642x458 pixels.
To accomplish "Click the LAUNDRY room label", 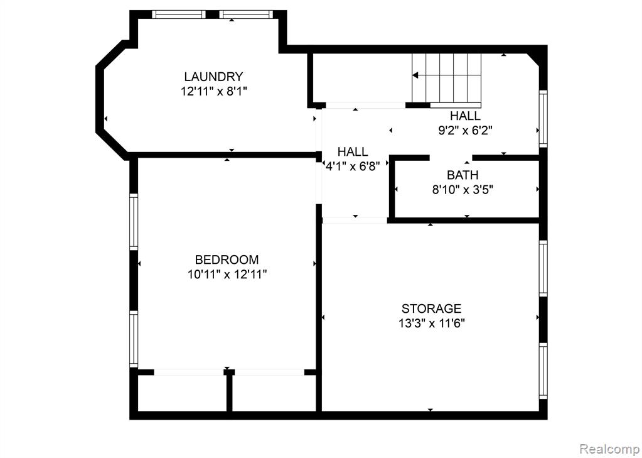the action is [x=213, y=77].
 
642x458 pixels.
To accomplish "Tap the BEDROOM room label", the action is [x=227, y=259].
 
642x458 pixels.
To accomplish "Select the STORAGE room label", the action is [x=431, y=308].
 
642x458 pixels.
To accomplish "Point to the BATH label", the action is [x=463, y=175].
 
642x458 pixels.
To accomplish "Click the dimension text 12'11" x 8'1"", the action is [x=214, y=91].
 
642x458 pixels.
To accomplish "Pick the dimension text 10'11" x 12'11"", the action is [x=227, y=274].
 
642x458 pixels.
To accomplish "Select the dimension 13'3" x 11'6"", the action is [x=432, y=323].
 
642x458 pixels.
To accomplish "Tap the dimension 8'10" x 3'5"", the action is [x=463, y=190].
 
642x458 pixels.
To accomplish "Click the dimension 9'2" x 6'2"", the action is [x=465, y=131].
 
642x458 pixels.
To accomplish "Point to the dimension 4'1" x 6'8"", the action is [x=353, y=166].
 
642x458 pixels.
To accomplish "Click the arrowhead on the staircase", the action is [x=415, y=75].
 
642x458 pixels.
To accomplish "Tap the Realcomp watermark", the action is [x=609, y=449].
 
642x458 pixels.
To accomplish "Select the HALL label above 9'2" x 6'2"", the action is [x=466, y=116].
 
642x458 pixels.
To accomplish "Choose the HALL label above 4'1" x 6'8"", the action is [x=353, y=151].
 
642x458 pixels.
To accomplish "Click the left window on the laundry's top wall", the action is [x=179, y=14].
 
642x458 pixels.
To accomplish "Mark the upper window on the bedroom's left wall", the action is [x=134, y=221].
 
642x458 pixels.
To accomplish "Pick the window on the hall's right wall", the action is [x=543, y=118].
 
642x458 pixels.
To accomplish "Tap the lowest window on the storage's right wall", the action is [x=543, y=371].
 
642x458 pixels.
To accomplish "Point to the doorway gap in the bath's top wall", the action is [x=451, y=158].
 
